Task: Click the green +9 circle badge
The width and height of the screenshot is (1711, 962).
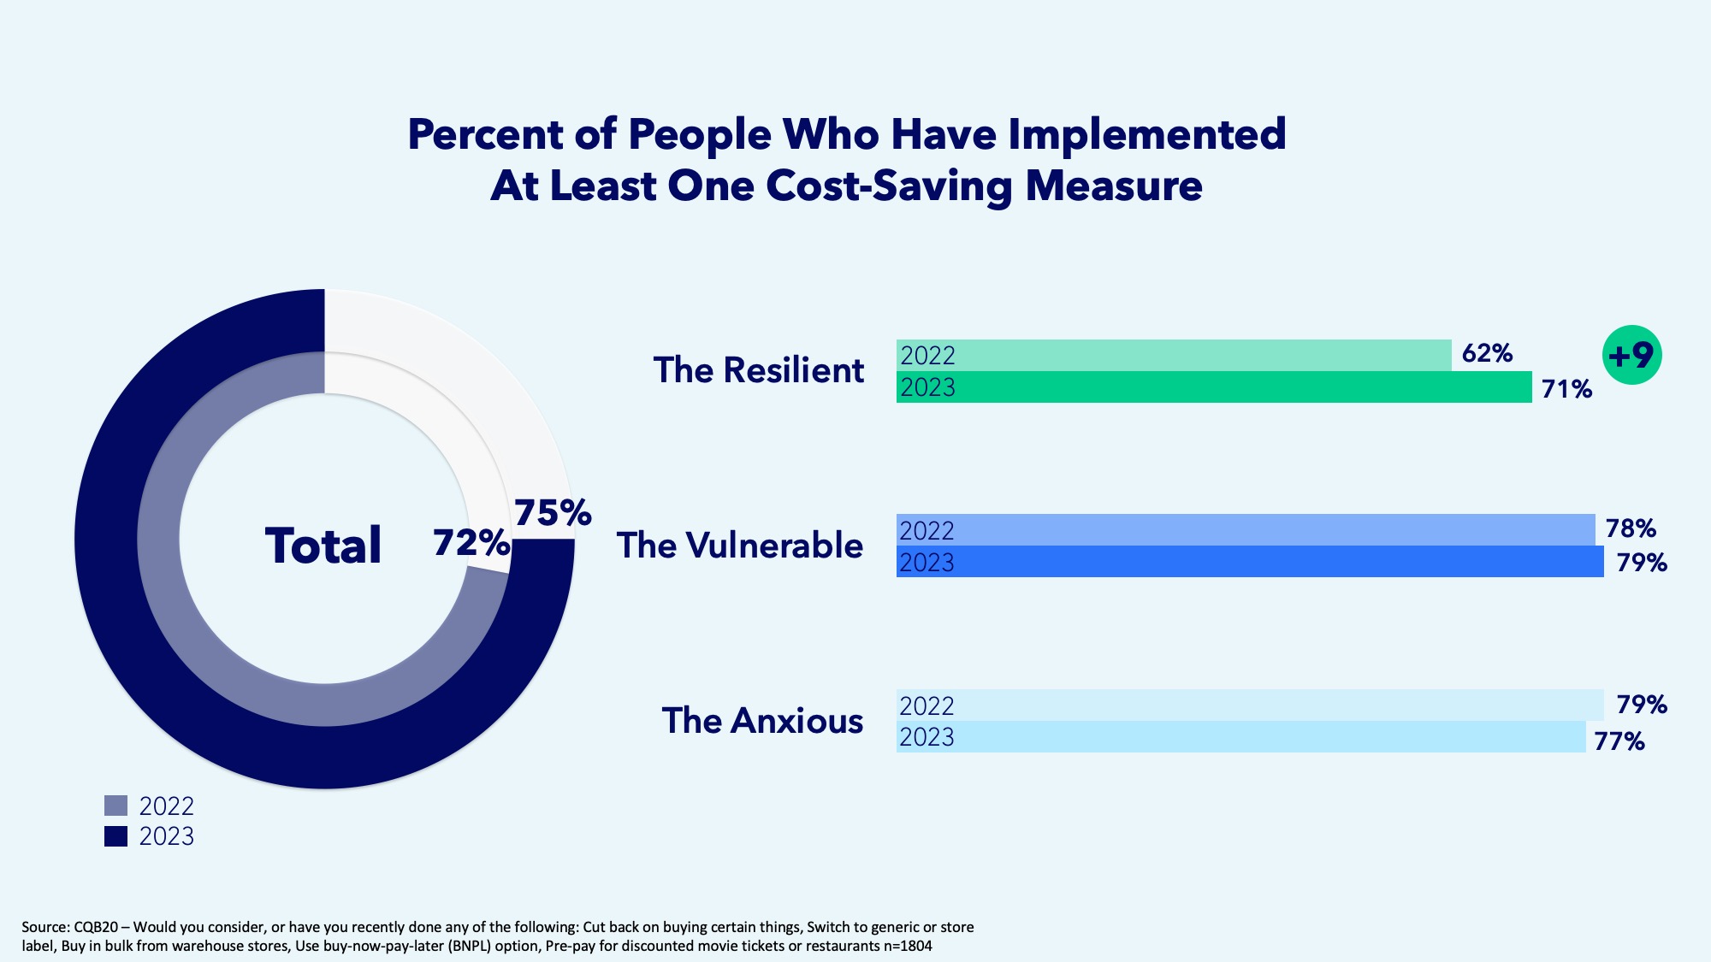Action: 1631,355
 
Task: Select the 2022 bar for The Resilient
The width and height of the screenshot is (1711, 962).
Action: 1174,355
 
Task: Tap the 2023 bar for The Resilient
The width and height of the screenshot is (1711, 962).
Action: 1214,387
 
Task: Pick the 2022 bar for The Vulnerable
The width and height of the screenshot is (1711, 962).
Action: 1246,530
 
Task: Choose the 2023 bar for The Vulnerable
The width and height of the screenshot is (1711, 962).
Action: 1250,562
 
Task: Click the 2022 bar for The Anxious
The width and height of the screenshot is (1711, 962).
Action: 1250,705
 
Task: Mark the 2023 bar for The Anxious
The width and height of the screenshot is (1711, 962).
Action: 1241,737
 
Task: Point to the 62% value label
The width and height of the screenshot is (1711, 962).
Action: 1487,353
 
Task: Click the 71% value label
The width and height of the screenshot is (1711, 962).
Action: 1566,389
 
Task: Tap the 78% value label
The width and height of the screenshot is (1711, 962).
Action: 1631,528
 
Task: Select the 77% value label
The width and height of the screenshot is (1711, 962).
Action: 1619,741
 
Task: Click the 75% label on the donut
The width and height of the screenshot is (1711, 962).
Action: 553,513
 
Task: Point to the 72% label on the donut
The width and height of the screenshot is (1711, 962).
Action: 471,542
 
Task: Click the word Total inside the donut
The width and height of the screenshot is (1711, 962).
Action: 323,546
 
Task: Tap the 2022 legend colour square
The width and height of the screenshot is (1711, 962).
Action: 115,806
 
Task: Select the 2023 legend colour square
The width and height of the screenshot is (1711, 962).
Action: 115,836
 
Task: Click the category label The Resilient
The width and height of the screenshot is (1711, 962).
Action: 759,370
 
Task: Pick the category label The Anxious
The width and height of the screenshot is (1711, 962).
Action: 762,721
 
